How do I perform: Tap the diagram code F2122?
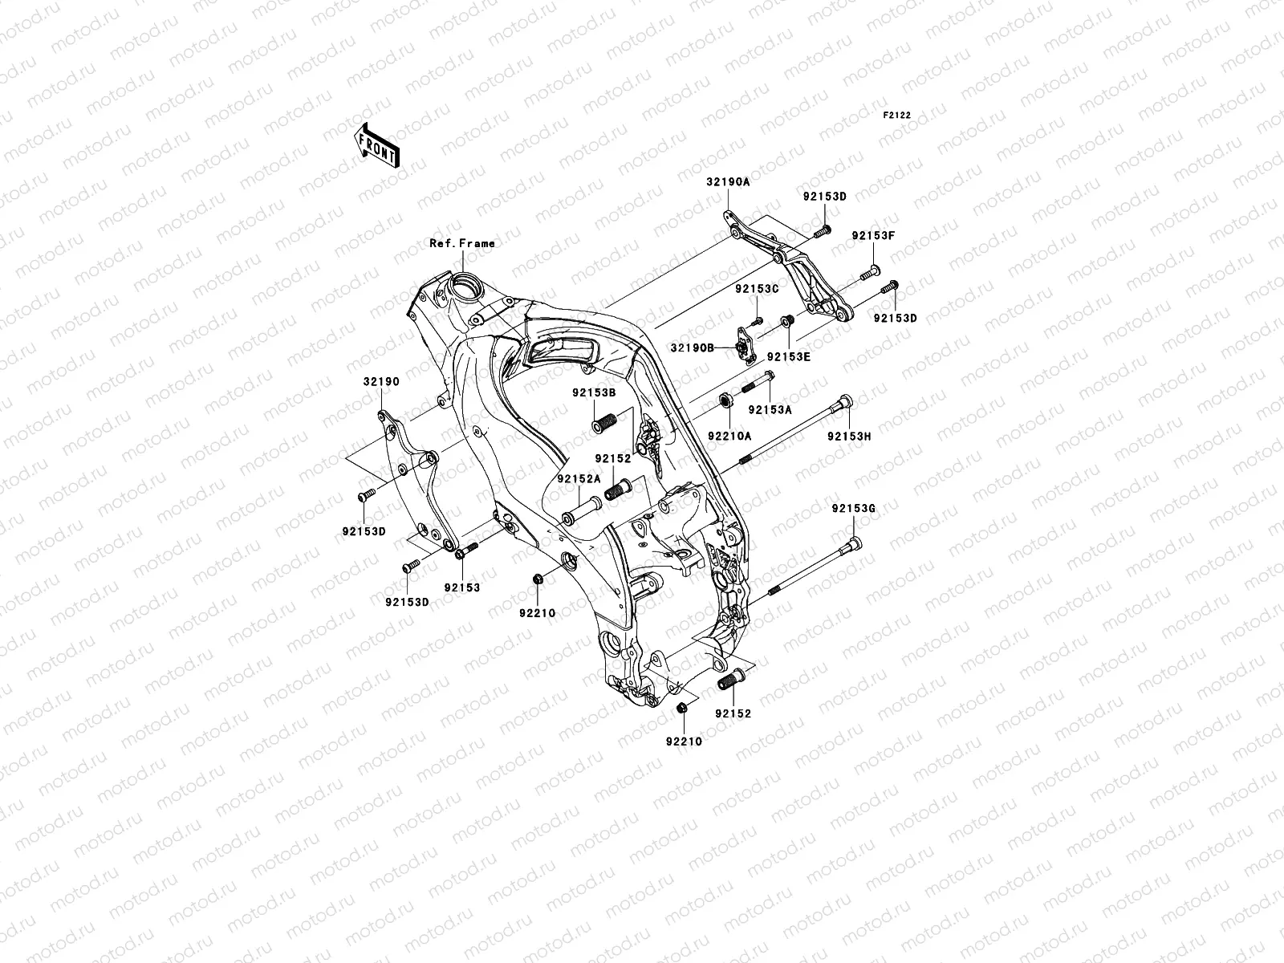897,116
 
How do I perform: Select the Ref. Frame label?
461,243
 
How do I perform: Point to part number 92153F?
873,236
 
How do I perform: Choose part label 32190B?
693,347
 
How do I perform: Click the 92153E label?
788,356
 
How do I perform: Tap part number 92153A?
770,409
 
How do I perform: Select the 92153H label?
850,437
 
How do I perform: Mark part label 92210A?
729,436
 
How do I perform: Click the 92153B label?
594,393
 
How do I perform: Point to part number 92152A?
579,478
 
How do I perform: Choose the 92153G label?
854,508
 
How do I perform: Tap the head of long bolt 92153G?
855,544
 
